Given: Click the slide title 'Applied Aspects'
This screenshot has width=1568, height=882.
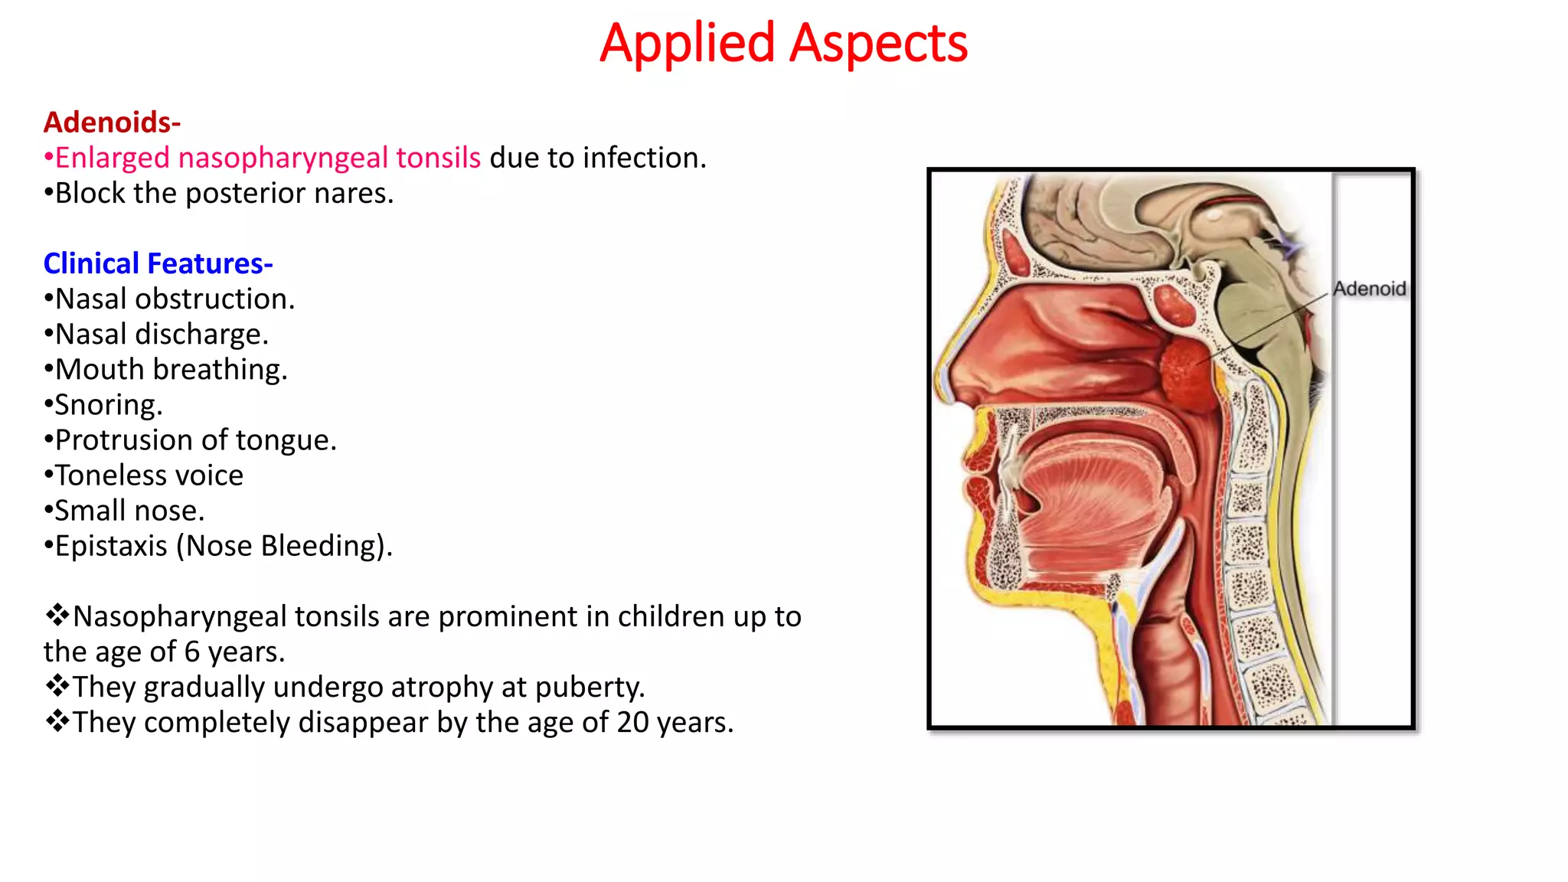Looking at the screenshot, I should coord(783,44).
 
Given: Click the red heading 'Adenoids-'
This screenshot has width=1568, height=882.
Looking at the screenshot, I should coord(112,122).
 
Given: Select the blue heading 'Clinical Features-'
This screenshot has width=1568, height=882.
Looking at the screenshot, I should coord(158,263).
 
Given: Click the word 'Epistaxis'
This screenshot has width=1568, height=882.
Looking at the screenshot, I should coord(111,546).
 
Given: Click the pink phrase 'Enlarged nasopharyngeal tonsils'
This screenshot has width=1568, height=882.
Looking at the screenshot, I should coord(267,158).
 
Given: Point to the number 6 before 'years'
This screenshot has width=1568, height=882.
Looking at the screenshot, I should coord(192,652).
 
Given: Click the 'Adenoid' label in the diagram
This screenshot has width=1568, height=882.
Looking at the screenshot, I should coord(1369,289).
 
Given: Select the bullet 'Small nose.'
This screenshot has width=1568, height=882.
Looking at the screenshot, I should coord(129,511).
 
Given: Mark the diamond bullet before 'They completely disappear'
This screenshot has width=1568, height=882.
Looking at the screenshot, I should coord(57,721).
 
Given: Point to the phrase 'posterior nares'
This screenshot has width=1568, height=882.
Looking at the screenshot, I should coord(288,193).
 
